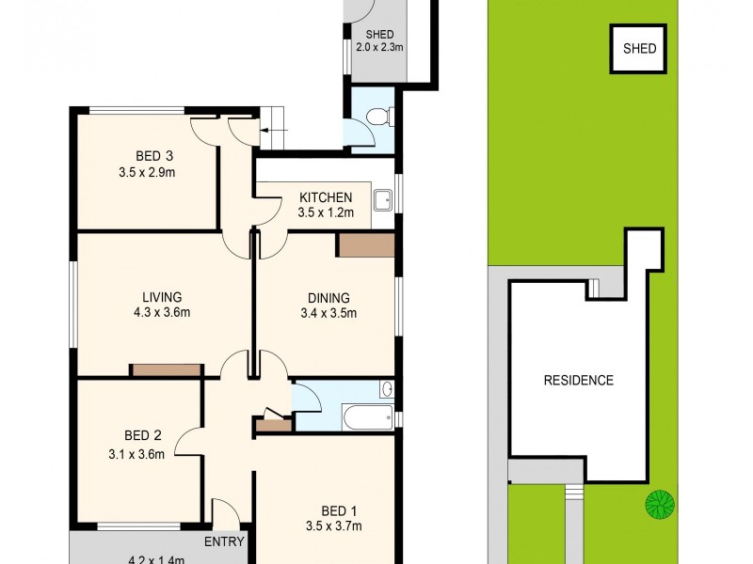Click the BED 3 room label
pos(148,156)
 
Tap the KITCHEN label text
pos(326,197)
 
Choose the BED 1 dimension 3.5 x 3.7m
pos(333,526)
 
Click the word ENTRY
pos(224,541)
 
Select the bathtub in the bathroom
pos(367,416)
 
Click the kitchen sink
pos(382,200)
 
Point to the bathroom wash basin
pos(386,388)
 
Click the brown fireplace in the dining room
pos(366,245)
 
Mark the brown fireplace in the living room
pos(166,370)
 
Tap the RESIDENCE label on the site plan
pos(579,381)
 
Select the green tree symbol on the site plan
pos(660,504)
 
